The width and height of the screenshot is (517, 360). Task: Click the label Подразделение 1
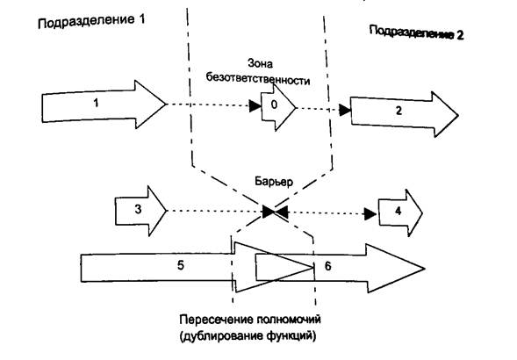tap(91, 21)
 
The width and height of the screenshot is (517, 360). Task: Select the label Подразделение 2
tap(416, 32)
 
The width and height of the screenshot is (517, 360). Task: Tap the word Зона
tap(260, 63)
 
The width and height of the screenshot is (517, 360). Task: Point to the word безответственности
tap(258, 80)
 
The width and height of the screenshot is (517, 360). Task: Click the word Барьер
tap(274, 182)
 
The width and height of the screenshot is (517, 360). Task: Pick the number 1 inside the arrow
tap(96, 103)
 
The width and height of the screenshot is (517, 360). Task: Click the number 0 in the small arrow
tap(274, 105)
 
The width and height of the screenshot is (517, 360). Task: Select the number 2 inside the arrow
tap(399, 111)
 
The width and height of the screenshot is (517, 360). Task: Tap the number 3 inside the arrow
tap(138, 209)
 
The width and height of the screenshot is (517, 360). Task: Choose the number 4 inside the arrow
tap(398, 211)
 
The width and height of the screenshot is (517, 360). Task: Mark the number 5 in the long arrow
tap(180, 265)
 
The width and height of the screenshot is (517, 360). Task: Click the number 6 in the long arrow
tap(327, 266)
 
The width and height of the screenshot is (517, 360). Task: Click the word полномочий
tap(289, 320)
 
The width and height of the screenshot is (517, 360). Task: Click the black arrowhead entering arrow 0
tap(255, 106)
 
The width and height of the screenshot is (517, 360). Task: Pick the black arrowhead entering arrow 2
tap(345, 111)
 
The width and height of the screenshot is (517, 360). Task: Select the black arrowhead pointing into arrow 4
tap(370, 214)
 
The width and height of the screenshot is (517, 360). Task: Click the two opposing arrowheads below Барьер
tap(275, 212)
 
